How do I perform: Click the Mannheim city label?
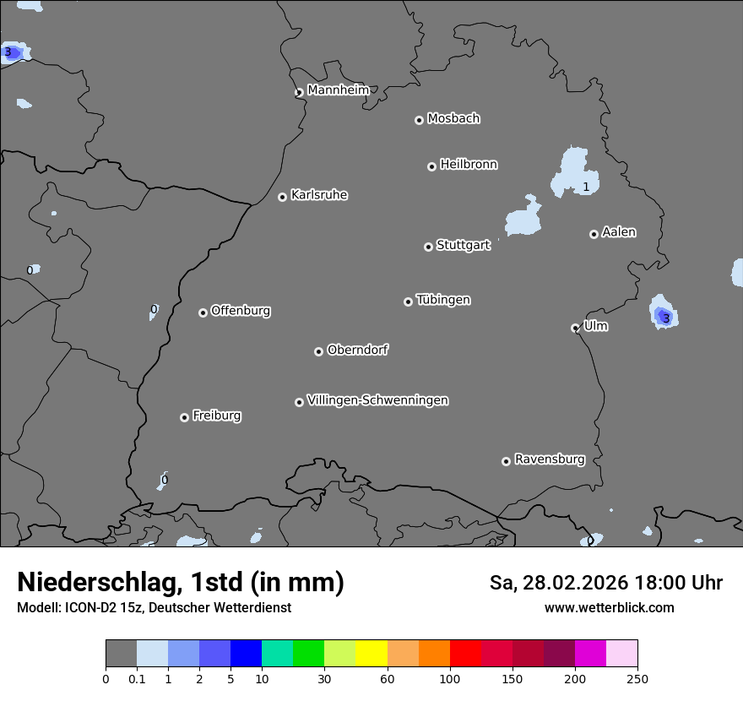point(338,90)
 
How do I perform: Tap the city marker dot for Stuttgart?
point(428,247)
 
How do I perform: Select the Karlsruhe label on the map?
point(319,195)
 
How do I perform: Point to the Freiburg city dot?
point(184,417)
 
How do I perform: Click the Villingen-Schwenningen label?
point(377,400)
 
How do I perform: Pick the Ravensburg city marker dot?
point(506,461)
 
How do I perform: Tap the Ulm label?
point(596,326)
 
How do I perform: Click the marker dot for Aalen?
point(594,234)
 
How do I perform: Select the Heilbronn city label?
point(469,165)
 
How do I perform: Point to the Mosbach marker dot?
point(419,120)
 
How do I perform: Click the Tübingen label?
point(443,300)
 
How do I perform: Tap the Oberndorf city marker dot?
point(318,351)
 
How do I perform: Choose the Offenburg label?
point(241,311)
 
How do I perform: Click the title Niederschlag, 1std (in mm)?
point(181,582)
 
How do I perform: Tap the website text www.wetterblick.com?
point(609,608)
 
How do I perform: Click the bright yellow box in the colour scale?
point(371,654)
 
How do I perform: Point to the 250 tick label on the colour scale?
point(637,678)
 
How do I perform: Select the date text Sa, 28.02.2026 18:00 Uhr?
point(606,583)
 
